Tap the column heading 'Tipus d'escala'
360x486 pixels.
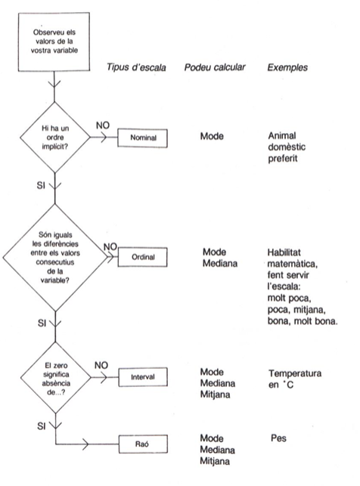coord(136,67)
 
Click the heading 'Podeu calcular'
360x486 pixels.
coord(215,67)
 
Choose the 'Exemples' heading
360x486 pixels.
coord(287,67)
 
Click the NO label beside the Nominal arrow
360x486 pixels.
coord(103,125)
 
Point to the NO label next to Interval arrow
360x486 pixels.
coord(101,365)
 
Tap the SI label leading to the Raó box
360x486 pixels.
coord(42,426)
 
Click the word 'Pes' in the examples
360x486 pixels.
coord(278,438)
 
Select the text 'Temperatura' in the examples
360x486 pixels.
coord(295,373)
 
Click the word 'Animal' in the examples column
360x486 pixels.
coord(282,135)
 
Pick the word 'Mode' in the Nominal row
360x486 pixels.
coord(212,136)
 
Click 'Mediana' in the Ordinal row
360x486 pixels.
coord(220,264)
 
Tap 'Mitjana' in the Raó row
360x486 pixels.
coord(215,461)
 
